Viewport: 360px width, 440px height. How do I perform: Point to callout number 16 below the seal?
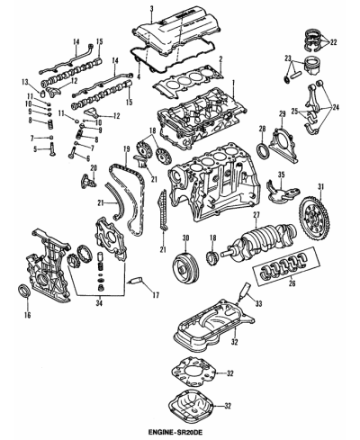coord(25,316)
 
